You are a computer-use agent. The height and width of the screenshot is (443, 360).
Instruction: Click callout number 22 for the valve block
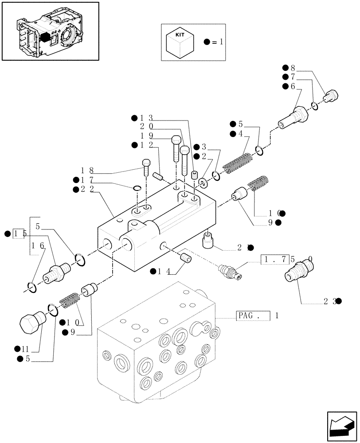coord(85,189)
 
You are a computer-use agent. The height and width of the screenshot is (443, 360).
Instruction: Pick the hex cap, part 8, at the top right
coord(331,95)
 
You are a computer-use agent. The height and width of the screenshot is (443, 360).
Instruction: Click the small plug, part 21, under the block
coord(209,241)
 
